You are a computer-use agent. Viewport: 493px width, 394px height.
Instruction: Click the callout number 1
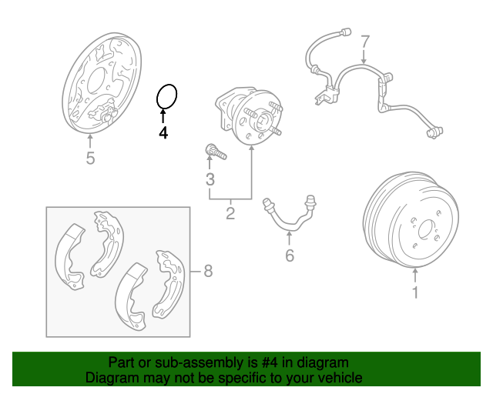pyautogui.click(x=414, y=292)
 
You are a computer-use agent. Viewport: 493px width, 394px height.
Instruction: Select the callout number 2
pyautogui.click(x=230, y=212)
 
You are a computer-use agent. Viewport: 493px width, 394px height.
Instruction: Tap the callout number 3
pyautogui.click(x=209, y=180)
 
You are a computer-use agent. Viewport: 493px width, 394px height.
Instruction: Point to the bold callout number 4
pyautogui.click(x=163, y=132)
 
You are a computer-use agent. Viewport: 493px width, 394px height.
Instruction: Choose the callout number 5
pyautogui.click(x=90, y=159)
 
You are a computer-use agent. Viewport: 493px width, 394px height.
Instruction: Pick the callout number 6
pyautogui.click(x=290, y=255)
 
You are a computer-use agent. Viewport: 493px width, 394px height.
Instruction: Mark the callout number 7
pyautogui.click(x=365, y=41)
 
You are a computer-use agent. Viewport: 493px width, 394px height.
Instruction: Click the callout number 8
pyautogui.click(x=206, y=270)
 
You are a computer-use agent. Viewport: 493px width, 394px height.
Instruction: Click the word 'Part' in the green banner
pyautogui.click(x=122, y=362)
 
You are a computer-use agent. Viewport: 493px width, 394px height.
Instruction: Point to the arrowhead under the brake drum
pyautogui.click(x=414, y=270)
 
